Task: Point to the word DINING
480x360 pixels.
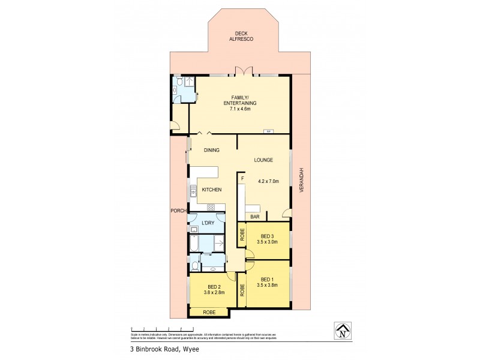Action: (x=211, y=150)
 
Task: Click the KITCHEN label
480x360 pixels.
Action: (x=211, y=190)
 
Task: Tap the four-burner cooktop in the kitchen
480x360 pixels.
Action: (x=211, y=207)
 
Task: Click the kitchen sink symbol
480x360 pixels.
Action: (x=193, y=192)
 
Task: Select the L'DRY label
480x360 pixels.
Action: (x=208, y=223)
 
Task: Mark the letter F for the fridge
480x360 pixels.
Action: (x=242, y=178)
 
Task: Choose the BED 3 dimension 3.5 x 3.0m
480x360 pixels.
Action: (x=265, y=242)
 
